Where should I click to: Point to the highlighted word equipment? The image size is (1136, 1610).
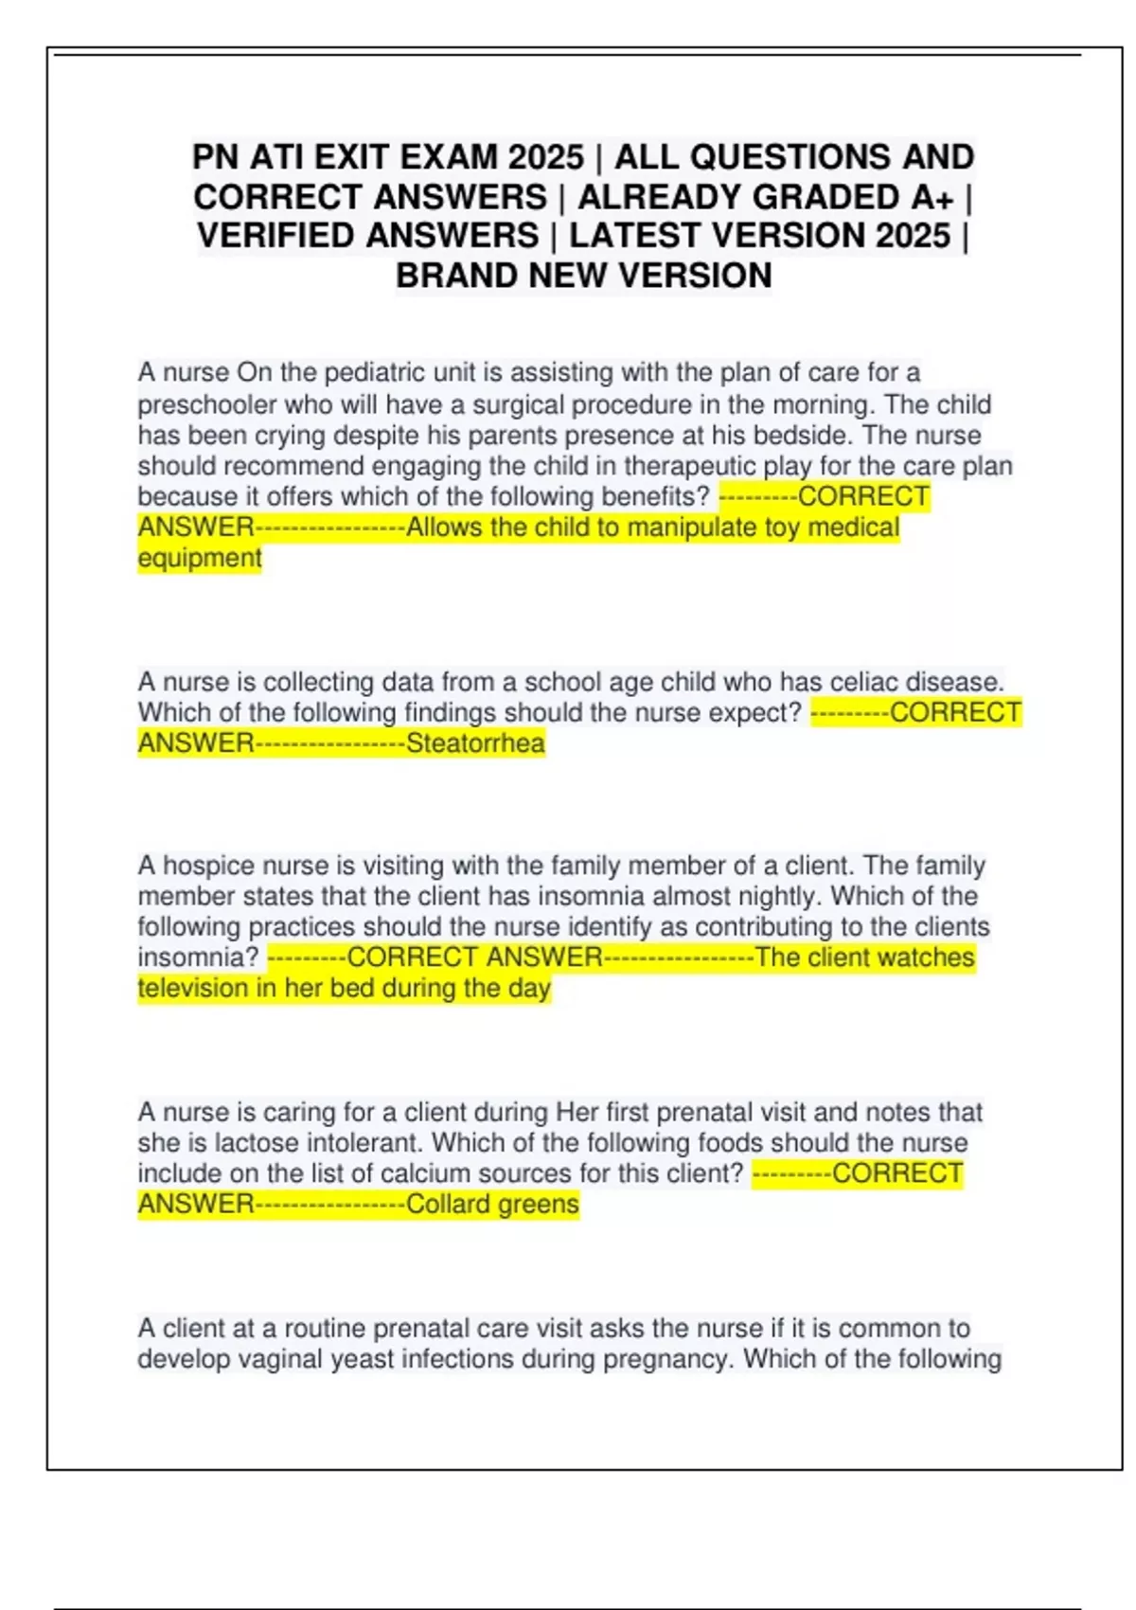click(x=200, y=559)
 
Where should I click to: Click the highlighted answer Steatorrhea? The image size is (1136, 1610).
click(x=475, y=743)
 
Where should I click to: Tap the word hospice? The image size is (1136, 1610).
click(x=209, y=866)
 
